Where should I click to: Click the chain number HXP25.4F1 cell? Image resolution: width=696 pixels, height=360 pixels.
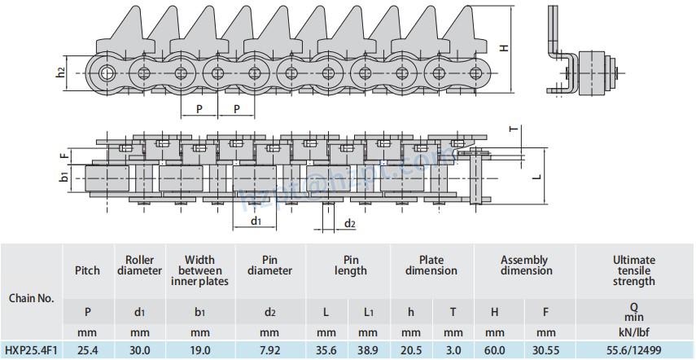tap(30, 351)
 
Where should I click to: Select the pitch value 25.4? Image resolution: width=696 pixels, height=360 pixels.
tap(87, 351)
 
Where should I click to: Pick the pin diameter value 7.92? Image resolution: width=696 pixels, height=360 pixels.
tap(269, 351)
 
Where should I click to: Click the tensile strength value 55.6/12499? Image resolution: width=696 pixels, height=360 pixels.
tap(634, 351)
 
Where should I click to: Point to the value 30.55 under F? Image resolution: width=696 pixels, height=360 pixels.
tap(546, 351)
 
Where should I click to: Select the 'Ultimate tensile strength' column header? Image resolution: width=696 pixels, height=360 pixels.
tap(634, 270)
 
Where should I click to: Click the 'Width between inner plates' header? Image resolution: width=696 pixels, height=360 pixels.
tap(199, 270)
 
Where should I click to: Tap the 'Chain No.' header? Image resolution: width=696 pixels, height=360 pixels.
tap(30, 298)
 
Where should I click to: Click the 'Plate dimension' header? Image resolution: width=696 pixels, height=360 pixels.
tap(431, 266)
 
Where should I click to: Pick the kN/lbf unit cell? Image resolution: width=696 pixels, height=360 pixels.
tap(634, 331)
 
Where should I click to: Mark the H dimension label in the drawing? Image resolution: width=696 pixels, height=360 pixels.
tap(506, 46)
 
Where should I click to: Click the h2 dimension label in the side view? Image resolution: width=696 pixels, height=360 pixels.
tap(61, 72)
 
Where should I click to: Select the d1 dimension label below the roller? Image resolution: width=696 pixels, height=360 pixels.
tap(255, 221)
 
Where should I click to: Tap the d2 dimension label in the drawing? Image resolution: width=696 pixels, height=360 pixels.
tap(349, 223)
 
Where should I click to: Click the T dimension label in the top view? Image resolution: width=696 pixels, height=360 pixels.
tap(513, 129)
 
